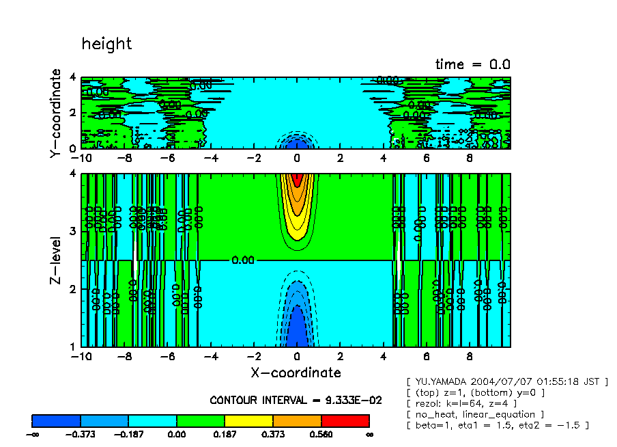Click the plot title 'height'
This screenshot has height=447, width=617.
click(x=106, y=44)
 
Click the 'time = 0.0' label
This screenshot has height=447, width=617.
click(x=473, y=64)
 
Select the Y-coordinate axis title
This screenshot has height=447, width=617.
click(x=56, y=114)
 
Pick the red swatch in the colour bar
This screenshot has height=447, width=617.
click(x=345, y=420)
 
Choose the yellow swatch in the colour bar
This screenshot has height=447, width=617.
click(x=248, y=420)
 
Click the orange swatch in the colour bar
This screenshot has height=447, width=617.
click(x=297, y=420)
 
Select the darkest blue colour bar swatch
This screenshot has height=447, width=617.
click(x=56, y=420)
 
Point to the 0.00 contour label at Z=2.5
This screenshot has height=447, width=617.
click(x=244, y=260)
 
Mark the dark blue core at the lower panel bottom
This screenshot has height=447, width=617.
click(x=297, y=331)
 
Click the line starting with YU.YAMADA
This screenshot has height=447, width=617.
click(x=506, y=381)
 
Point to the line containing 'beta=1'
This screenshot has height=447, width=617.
click(x=497, y=425)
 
